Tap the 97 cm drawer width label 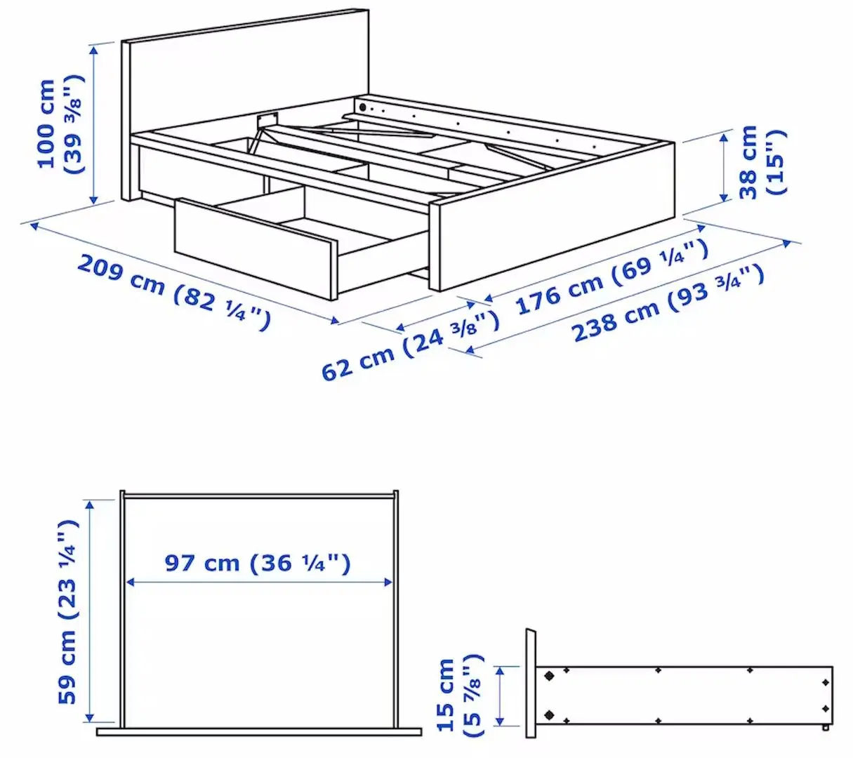coord(257,563)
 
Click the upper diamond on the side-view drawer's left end coord(549,676)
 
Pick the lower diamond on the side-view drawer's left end coord(549,715)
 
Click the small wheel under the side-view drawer coord(826,729)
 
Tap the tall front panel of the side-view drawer coord(530,683)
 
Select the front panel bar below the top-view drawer coord(258,732)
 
